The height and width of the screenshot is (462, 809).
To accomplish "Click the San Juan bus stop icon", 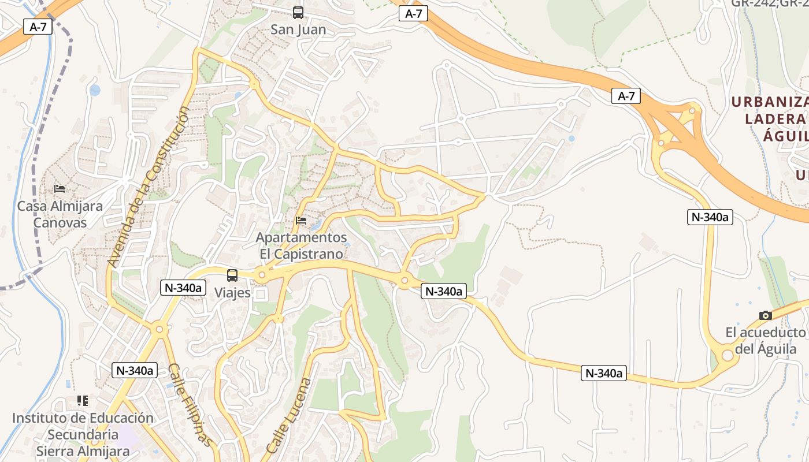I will [298, 12].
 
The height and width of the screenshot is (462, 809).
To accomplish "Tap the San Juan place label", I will [298, 29].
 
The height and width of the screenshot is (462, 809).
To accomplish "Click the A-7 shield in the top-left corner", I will [34, 26].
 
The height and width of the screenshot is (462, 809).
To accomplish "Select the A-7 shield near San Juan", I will [413, 14].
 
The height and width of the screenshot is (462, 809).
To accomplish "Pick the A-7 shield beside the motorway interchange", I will [626, 96].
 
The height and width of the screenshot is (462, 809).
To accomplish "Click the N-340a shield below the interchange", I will [710, 217].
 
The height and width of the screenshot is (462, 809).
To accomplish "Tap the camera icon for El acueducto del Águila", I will [766, 315].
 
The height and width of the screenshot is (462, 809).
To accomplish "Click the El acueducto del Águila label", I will [765, 341].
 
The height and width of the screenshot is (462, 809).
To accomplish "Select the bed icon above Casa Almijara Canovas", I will [60, 188].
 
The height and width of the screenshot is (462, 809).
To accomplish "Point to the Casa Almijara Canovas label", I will [60, 214].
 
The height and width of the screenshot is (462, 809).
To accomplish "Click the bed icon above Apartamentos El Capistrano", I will [301, 220].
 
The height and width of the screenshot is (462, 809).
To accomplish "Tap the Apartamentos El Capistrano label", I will [301, 245].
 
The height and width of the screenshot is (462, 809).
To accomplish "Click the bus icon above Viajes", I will [232, 275].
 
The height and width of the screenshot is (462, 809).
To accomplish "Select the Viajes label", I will [232, 293].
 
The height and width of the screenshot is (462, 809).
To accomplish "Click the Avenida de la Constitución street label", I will [148, 188].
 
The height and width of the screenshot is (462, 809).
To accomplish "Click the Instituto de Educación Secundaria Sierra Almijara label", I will [83, 434].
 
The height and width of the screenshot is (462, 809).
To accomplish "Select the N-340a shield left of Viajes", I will [183, 287].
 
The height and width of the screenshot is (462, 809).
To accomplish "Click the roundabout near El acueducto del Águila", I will [727, 356].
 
